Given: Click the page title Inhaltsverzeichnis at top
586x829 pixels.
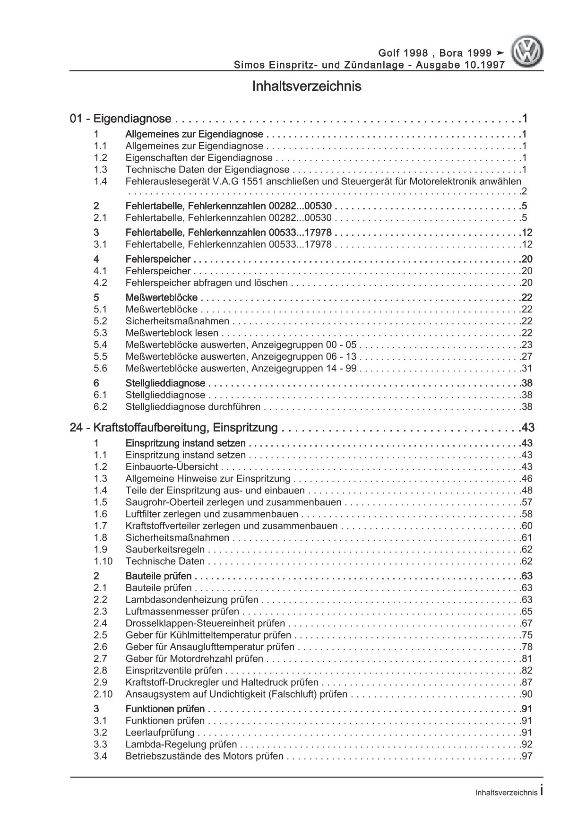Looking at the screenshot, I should pos(306,87).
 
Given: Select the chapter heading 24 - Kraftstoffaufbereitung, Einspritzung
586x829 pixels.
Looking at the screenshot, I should pos(173,428).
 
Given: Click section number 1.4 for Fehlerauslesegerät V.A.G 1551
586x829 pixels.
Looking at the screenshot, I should pos(100,181).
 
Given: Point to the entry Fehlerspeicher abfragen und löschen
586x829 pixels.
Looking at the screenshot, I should pos(207,283).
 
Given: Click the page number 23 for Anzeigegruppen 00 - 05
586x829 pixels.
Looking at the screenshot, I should pos(526,345).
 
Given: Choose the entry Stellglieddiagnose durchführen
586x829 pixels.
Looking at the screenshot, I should pos(193,407).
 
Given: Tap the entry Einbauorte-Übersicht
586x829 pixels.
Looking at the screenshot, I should pos(172,467).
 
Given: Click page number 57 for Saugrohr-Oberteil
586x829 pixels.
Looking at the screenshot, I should pos(526,502).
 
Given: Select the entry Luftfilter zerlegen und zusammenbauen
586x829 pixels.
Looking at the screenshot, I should pos(212,514).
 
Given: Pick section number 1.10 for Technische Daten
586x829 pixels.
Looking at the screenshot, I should pos(103,561).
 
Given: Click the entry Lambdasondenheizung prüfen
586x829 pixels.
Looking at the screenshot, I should pos(192,600).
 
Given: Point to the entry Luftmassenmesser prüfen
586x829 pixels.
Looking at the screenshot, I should pos(182,612).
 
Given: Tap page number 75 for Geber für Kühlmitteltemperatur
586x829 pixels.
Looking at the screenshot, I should pos(526,635).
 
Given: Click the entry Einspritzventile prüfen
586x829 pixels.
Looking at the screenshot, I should pos(174,671).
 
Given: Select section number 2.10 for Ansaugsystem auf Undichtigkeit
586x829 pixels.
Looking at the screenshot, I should pos(103,694).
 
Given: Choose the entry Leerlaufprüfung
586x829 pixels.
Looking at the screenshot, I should pos(160,733).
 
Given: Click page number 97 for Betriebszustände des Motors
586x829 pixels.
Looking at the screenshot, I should pos(526,756).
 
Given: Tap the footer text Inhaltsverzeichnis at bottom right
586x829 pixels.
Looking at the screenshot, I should pos(506,793).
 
